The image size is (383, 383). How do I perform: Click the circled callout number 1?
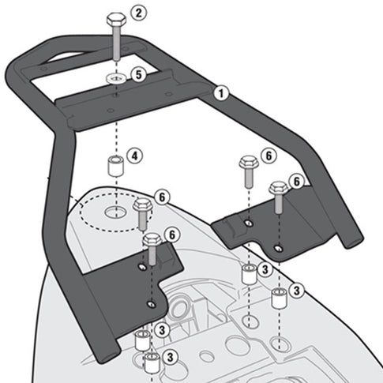[222, 93]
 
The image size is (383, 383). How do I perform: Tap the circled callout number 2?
[138, 13]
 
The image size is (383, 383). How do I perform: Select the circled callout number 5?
[138, 75]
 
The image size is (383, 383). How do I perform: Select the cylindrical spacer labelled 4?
[115, 167]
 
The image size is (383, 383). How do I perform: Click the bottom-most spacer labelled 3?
[149, 364]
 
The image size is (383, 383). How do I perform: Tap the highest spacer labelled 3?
[248, 275]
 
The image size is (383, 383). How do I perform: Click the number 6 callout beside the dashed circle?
[162, 195]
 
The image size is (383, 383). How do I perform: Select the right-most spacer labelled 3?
[278, 300]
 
